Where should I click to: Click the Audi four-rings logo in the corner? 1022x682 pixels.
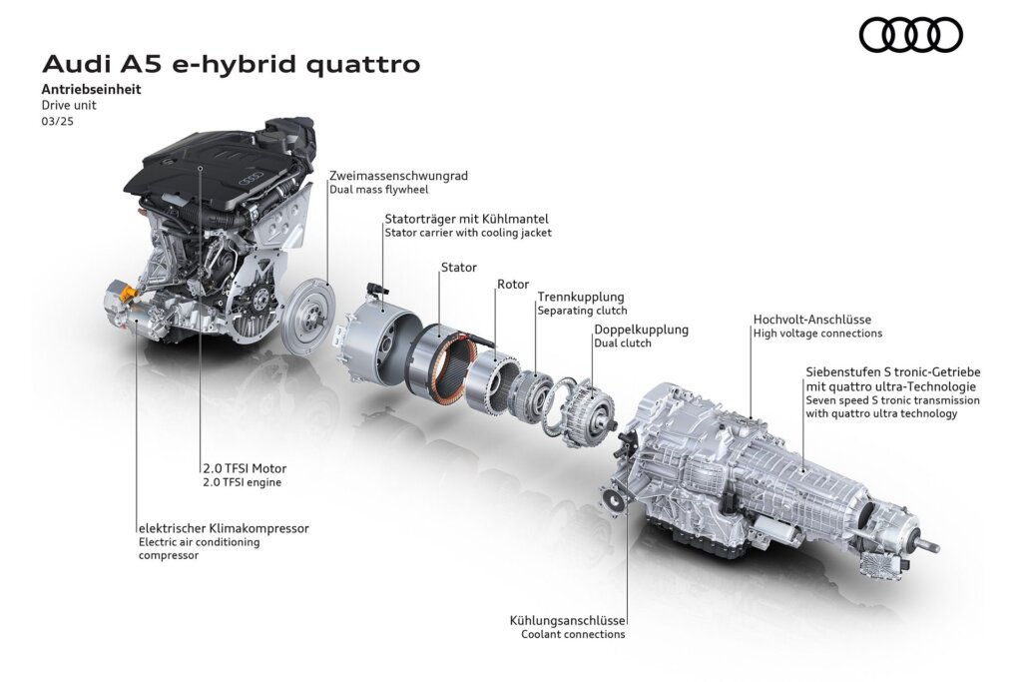coord(910,35)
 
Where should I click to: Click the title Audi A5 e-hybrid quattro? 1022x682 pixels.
coord(232,65)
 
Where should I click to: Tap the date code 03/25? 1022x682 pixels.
coord(57,121)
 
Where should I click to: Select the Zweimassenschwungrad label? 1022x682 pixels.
coord(398,176)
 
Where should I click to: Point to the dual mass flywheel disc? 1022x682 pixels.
coord(309,317)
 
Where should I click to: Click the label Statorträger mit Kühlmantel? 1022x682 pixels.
coord(466,219)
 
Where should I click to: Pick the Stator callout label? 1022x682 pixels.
coord(459,268)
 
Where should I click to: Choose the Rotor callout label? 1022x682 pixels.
coord(513,285)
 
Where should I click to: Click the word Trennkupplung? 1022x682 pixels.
coord(581,298)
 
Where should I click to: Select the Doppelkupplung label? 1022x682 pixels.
coord(641,330)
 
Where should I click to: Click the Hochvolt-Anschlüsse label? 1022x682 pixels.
coord(812,320)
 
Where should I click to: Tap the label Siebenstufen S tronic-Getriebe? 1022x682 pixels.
coord(893,372)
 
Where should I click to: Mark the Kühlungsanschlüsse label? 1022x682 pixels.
coord(567,621)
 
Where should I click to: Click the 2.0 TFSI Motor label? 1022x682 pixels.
coord(245,468)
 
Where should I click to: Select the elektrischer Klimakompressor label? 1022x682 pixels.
coord(224,528)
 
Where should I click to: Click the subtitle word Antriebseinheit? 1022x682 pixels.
coord(91,89)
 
